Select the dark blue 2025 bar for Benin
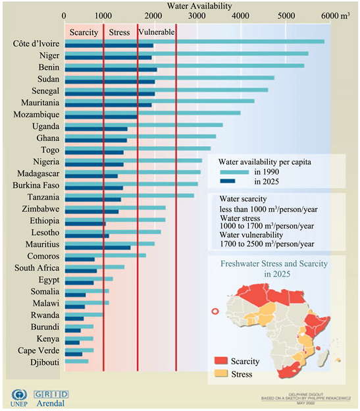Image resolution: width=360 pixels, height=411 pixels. tap(111, 70)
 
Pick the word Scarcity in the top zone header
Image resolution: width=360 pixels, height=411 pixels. tap(84, 32)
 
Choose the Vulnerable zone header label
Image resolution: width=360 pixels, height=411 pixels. tap(157, 32)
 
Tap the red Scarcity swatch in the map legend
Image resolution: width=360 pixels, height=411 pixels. tap(224, 361)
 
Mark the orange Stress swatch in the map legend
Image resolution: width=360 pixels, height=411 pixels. tap(224, 374)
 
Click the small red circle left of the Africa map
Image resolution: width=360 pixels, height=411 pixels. tap(214, 312)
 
